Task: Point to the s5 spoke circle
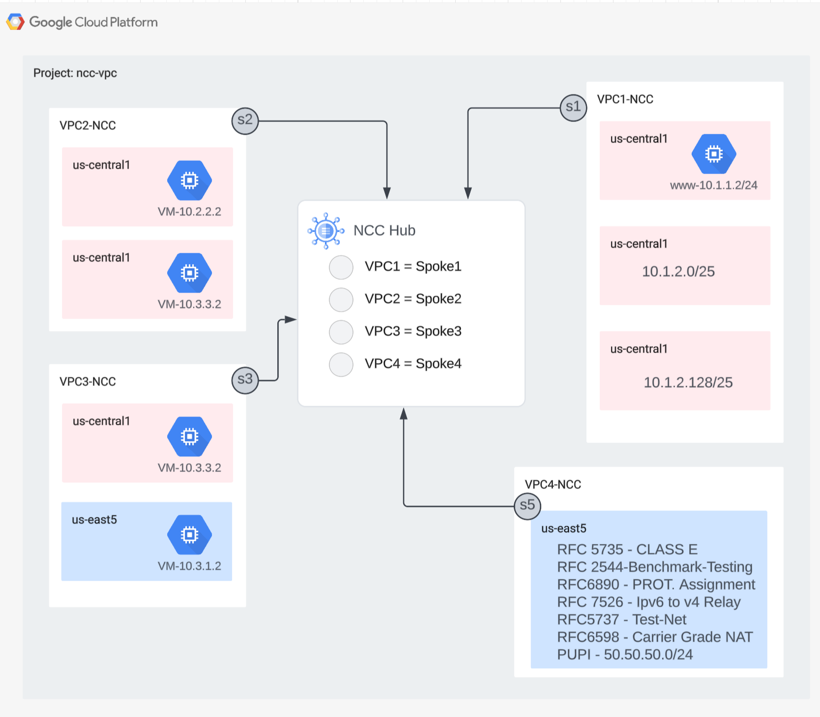coord(527,506)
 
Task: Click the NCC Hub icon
coord(325,230)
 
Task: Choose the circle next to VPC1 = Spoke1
coord(341,267)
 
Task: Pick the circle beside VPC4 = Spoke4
coord(341,364)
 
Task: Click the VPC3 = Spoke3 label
coord(413,331)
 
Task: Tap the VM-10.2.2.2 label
coord(189,212)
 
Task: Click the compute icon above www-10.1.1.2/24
coord(714,154)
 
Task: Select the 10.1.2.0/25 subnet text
coord(678,271)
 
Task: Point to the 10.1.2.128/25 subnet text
coord(688,383)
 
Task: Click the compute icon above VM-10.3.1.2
coord(189,535)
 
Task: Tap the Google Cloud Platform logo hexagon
coord(15,22)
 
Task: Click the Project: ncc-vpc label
coord(75,73)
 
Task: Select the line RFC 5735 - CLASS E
coord(627,549)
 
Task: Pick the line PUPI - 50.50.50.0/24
coord(625,655)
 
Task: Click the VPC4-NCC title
coord(553,485)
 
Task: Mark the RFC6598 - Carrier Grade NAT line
coord(655,637)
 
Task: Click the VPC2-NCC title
coord(88,125)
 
